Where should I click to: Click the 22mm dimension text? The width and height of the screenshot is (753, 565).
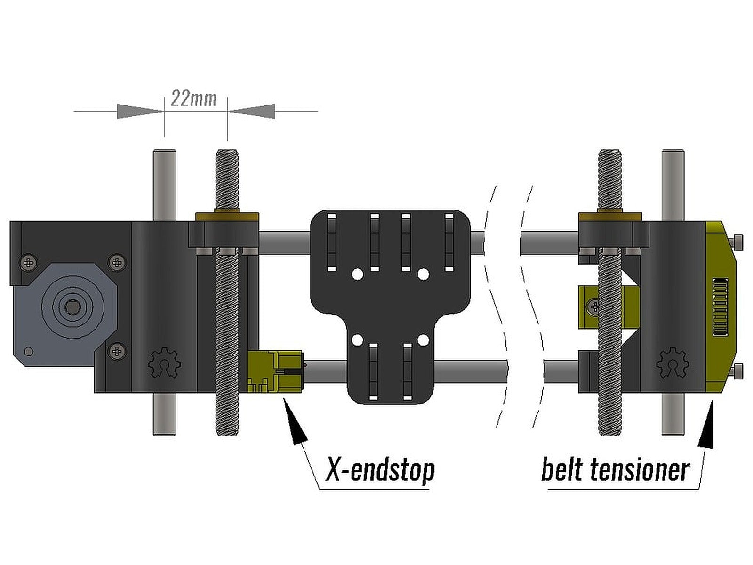[x=193, y=99]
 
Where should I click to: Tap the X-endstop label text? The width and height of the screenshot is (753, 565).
[x=380, y=469]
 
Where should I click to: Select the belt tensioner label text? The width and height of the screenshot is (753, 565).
[x=615, y=469]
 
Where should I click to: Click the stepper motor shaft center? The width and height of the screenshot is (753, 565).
[x=72, y=307]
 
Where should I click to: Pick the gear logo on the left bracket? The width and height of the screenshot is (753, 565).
[x=165, y=363]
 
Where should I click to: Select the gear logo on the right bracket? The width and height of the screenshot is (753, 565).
[x=673, y=363]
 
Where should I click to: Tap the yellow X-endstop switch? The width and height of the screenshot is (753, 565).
[x=274, y=371]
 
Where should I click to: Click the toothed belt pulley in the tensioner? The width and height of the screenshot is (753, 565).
[x=720, y=307]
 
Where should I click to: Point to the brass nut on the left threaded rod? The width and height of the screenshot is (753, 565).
[x=227, y=217]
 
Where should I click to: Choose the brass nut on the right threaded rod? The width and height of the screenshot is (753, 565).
[x=610, y=217]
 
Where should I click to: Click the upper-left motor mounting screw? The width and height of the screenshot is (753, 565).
[x=29, y=262]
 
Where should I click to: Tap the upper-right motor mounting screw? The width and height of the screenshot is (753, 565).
[x=117, y=262]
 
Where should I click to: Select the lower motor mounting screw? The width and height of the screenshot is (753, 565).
[x=117, y=351]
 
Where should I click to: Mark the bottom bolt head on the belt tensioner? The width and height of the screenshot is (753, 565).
[x=738, y=371]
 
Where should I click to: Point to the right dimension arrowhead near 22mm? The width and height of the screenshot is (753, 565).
[x=251, y=111]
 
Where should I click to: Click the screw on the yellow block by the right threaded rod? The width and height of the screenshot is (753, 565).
[x=594, y=307]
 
